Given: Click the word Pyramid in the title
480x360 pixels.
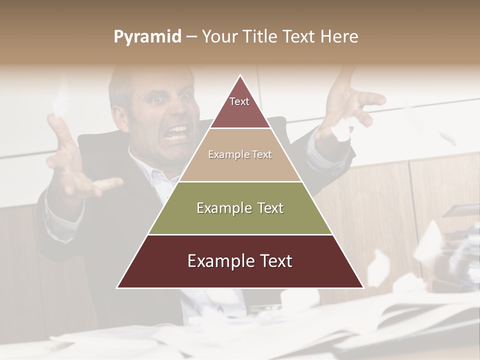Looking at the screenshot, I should [147, 37].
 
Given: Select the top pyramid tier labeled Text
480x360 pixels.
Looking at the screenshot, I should [240, 107].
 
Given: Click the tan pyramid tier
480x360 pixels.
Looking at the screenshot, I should [240, 155].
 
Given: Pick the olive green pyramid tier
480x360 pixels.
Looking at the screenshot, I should [240, 208].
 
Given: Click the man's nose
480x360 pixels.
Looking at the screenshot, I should [172, 112].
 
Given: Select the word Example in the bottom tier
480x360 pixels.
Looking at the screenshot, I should [216, 261].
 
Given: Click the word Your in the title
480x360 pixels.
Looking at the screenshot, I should [219, 36].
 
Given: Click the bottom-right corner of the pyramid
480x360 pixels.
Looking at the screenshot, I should [363, 287].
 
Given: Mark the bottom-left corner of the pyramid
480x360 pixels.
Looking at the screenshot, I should [117, 287].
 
